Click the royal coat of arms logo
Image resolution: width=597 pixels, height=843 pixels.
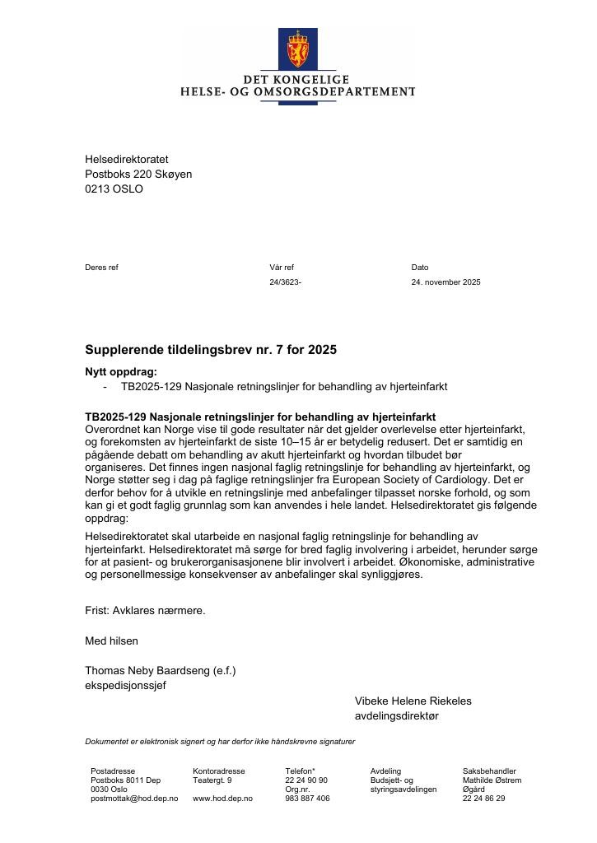click(x=297, y=49)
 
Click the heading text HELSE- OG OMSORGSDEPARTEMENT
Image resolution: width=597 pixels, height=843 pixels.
click(x=298, y=92)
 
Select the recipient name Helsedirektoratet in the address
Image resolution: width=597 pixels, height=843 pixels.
click(x=126, y=159)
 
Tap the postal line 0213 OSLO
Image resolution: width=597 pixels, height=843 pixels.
click(x=114, y=189)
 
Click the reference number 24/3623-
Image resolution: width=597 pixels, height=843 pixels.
click(x=285, y=282)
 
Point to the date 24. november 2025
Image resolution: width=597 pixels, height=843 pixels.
click(x=445, y=282)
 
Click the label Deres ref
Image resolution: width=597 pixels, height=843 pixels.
click(x=101, y=268)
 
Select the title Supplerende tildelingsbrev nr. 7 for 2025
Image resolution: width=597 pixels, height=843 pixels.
click(x=211, y=350)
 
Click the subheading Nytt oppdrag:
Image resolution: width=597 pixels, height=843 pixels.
click(x=120, y=372)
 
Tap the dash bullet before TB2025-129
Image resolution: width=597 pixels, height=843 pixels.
click(x=105, y=386)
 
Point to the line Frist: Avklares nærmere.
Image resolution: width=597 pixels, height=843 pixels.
click(x=145, y=611)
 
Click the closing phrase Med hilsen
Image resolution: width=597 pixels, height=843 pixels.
click(x=111, y=640)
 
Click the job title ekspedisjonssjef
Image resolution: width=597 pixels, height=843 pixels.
click(x=125, y=686)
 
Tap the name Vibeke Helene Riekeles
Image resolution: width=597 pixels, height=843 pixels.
click(x=413, y=701)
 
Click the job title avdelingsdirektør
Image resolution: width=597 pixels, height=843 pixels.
click(x=396, y=716)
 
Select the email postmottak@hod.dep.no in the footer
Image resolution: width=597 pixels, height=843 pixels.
click(x=134, y=799)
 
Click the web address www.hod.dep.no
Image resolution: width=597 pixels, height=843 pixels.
click(x=222, y=799)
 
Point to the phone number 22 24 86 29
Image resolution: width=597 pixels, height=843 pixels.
click(x=483, y=799)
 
